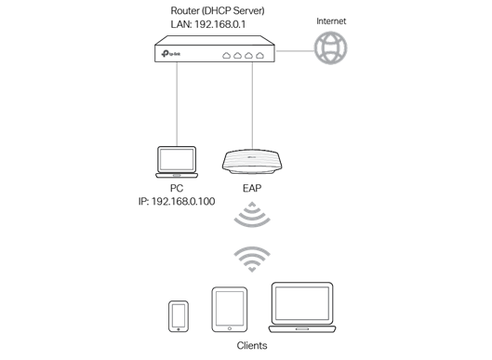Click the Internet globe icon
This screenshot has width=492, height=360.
tap(331, 47)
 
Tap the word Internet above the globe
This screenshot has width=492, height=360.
tap(331, 21)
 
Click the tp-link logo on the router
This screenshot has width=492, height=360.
tap(171, 54)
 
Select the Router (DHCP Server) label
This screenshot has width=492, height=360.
tap(218, 10)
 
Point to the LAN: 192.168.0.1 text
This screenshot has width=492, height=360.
tap(208, 24)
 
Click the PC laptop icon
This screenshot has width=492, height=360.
tap(177, 162)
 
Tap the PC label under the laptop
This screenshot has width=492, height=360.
tap(177, 188)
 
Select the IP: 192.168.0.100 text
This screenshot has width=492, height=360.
tap(177, 201)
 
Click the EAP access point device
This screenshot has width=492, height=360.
tap(252, 161)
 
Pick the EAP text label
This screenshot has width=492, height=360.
tap(252, 188)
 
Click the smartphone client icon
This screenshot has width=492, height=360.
tap(179, 316)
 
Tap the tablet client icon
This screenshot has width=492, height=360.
tap(230, 310)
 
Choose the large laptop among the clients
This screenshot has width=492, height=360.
tap(302, 307)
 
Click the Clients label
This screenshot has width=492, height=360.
tap(252, 345)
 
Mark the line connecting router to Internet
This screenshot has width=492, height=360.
tap(295, 50)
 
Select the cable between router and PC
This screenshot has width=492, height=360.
tap(177, 104)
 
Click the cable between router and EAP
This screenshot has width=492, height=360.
tap(252, 105)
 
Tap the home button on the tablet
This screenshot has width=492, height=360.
tap(230, 328)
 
